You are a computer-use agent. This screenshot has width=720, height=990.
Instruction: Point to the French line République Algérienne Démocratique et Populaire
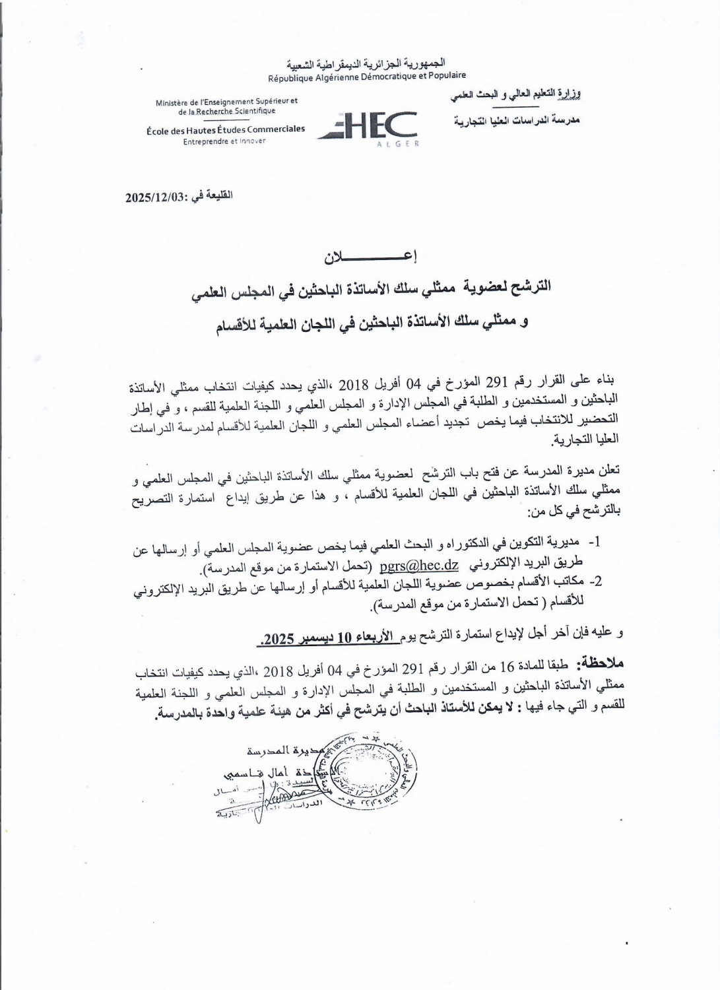(x=366, y=77)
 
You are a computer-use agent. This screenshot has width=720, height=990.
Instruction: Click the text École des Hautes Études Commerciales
(x=226, y=129)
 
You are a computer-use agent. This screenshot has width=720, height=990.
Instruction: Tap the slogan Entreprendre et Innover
(x=224, y=141)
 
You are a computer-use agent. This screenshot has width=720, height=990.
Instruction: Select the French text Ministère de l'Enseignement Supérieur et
(x=226, y=102)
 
